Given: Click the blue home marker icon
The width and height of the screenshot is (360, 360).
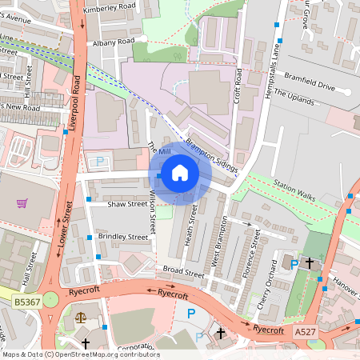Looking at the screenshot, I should (x=180, y=173).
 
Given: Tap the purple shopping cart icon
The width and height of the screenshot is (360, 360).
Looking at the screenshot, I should (x=22, y=203).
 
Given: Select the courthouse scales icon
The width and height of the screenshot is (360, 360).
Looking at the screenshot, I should (x=79, y=318).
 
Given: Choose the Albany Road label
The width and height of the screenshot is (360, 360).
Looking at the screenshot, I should (x=114, y=41).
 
